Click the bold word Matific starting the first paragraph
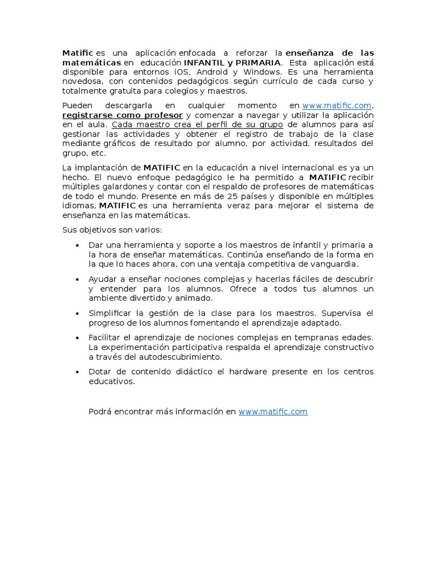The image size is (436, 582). tap(77, 53)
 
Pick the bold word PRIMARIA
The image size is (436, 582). tap(258, 63)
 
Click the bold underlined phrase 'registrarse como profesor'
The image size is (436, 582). tap(123, 115)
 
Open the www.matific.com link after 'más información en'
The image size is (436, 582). tap(273, 411)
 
